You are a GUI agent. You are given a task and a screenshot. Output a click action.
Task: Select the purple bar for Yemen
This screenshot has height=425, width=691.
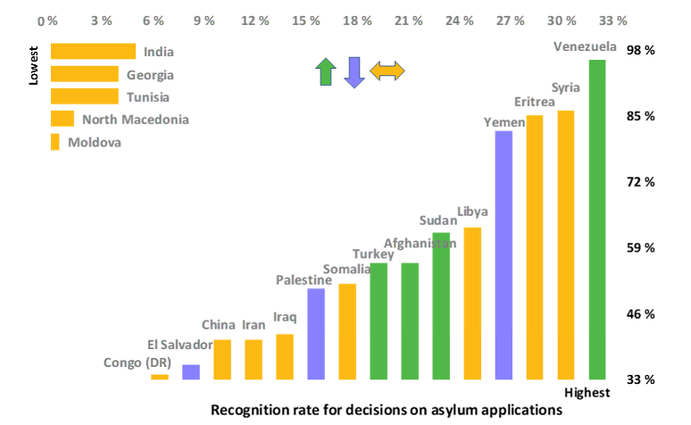point(504,255)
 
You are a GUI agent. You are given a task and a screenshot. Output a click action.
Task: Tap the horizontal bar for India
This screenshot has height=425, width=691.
point(93,52)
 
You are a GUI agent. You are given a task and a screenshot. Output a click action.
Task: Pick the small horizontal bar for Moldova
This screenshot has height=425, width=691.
point(55,142)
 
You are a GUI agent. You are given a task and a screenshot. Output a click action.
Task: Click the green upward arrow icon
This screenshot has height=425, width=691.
point(326,71)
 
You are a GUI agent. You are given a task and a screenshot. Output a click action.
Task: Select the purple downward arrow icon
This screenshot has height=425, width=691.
point(354,71)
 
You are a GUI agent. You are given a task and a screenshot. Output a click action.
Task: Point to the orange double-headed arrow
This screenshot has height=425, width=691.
point(387,71)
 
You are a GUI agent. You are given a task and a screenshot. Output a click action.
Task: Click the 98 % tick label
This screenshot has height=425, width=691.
point(641,51)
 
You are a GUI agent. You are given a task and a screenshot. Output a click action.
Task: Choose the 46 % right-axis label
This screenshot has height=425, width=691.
point(641,314)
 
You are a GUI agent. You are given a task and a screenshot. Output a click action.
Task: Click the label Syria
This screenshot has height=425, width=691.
point(566,87)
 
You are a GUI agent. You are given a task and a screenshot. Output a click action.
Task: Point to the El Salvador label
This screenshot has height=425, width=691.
point(179,345)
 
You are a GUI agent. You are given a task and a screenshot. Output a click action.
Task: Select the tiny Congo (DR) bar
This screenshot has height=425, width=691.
point(160,377)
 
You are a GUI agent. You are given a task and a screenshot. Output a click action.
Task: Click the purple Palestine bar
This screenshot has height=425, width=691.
point(316,334)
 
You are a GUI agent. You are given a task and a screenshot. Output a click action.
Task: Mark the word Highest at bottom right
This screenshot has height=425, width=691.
point(587,393)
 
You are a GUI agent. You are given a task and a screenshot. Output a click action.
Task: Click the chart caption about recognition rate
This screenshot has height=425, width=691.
point(387,410)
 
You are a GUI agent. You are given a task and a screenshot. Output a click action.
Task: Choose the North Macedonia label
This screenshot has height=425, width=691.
point(135,119)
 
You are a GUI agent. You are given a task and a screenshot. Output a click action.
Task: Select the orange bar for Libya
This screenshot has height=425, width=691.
point(472,304)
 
